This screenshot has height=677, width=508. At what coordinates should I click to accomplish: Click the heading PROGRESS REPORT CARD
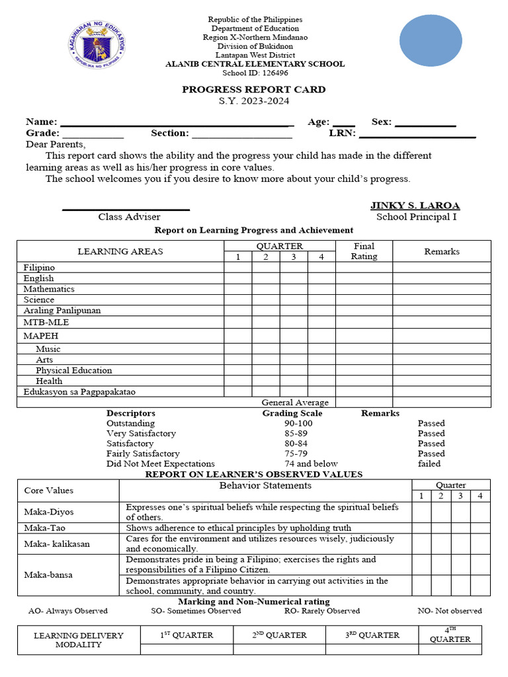click(254, 89)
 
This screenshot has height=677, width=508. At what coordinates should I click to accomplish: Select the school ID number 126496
click(274, 73)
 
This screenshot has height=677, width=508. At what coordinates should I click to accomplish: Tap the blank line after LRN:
click(417, 134)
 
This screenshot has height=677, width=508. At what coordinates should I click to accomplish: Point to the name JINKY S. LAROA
click(415, 206)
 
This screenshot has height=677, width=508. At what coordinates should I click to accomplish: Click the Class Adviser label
click(129, 217)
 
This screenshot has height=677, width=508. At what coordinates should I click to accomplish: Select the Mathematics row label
click(49, 289)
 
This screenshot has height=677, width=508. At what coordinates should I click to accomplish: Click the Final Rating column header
click(364, 251)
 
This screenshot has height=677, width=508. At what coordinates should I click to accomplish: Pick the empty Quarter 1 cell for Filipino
click(238, 268)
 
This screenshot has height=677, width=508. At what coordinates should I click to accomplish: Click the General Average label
click(295, 402)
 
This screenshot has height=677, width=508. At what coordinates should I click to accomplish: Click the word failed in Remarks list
click(429, 463)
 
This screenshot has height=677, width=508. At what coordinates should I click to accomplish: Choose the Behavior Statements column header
click(265, 486)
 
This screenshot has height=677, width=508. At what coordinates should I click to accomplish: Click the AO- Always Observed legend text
click(67, 611)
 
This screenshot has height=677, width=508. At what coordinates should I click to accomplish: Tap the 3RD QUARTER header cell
click(372, 635)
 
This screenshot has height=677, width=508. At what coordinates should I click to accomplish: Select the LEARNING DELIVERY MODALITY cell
click(79, 640)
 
